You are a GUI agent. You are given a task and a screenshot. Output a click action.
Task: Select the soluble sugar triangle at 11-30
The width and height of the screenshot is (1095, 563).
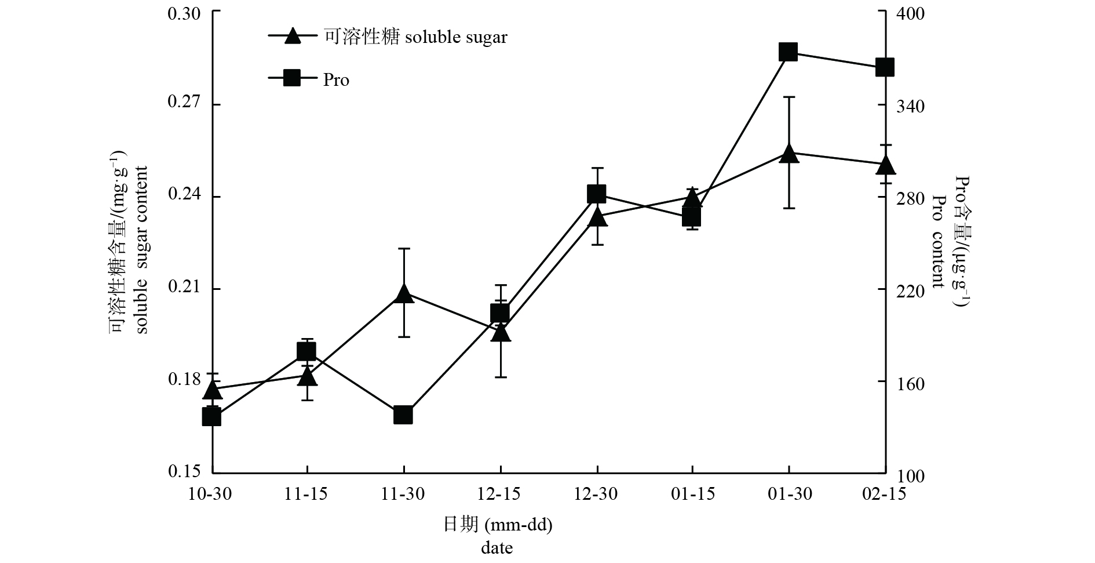(403, 294)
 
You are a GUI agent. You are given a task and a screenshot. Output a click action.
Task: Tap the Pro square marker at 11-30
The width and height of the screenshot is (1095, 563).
(403, 415)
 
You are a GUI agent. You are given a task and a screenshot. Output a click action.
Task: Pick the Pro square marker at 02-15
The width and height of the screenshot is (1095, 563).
(885, 67)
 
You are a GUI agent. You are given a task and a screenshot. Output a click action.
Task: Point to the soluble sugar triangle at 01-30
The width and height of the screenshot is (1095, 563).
(789, 154)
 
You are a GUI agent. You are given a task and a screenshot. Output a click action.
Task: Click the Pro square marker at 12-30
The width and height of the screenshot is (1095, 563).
(596, 194)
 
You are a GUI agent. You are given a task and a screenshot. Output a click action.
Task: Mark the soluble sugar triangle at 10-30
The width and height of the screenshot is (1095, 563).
(212, 390)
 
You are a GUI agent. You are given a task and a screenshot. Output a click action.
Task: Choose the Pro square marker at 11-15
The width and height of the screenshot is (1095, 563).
(306, 351)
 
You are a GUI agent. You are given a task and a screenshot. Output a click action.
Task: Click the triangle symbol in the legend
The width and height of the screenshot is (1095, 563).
(293, 36)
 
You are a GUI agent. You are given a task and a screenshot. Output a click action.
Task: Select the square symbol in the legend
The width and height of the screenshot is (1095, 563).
(293, 78)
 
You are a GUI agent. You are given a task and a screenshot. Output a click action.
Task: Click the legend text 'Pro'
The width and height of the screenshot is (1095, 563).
(336, 79)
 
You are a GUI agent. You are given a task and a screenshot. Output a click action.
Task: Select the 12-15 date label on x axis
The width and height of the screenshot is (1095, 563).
(499, 495)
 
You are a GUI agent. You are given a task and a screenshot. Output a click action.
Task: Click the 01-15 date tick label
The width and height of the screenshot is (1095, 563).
(694, 495)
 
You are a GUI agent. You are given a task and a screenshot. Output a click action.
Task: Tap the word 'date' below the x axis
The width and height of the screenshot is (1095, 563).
(497, 548)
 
